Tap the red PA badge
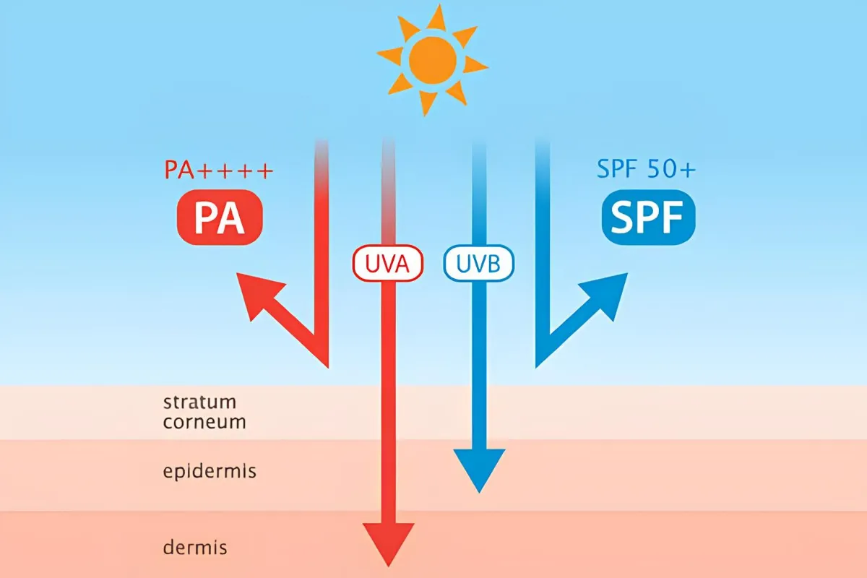click(220, 217)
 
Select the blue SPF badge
click(648, 217)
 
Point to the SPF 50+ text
click(647, 171)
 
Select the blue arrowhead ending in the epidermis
click(479, 468)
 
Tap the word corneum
click(204, 422)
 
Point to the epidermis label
click(210, 473)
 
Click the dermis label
click(195, 548)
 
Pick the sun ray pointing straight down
click(429, 103)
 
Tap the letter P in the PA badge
click(205, 218)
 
